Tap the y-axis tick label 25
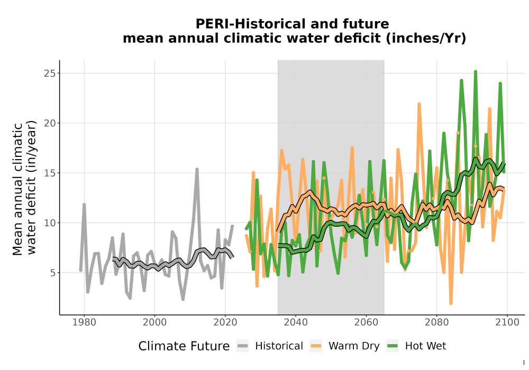[x=50, y=73]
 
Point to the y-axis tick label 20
[x=50, y=123]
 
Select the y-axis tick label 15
[x=50, y=173]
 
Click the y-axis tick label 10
[x=50, y=223]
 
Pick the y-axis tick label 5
[x=52, y=273]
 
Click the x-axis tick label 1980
[x=84, y=322]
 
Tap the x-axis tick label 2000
[x=154, y=322]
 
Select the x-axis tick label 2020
[x=225, y=322]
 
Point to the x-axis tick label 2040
[x=296, y=322]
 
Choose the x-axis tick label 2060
[x=366, y=322]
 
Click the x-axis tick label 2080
[x=436, y=322]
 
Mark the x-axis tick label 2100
[x=507, y=322]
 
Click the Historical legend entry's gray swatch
[x=243, y=346]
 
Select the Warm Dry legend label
[x=354, y=346]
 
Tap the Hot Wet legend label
[x=425, y=346]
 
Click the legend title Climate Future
[x=184, y=346]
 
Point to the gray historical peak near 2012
[x=197, y=169]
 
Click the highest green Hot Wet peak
[x=476, y=71]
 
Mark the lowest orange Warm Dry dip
[x=451, y=303]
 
